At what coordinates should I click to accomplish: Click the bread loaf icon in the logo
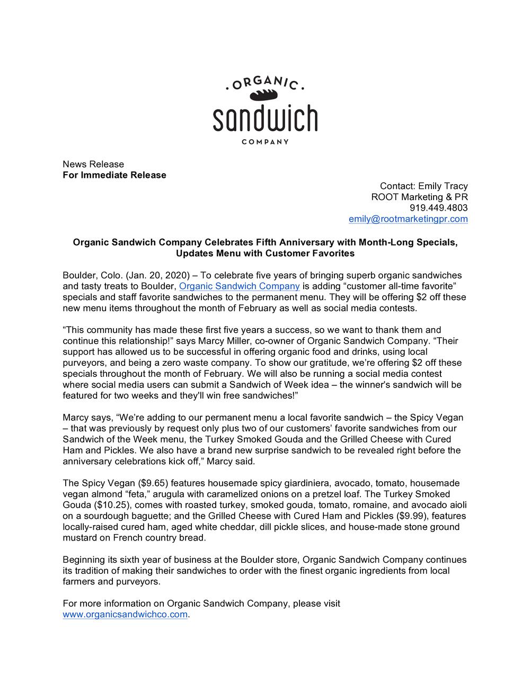(x=264, y=95)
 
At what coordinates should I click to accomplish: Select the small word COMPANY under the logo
(x=265, y=142)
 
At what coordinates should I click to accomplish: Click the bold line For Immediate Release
(x=114, y=175)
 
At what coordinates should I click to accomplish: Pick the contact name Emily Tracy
(x=443, y=186)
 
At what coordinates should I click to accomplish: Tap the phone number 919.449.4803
(x=439, y=208)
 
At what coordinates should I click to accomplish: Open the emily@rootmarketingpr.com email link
(x=408, y=219)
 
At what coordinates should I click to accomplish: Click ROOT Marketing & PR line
(x=419, y=197)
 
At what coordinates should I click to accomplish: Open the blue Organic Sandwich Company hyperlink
(x=240, y=286)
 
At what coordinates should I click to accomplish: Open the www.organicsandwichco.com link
(x=125, y=615)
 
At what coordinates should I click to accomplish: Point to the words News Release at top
(x=93, y=164)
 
